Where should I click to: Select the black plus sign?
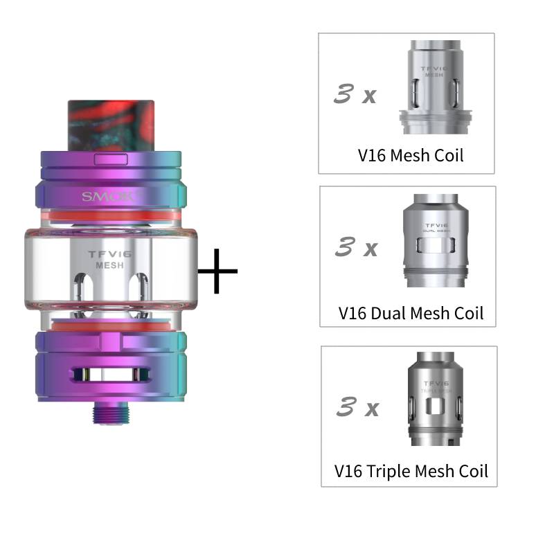tap(217, 269)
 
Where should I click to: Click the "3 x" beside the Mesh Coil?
tap(355, 94)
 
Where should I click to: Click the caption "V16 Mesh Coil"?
tap(410, 154)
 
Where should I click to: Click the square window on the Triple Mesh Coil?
tap(434, 406)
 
